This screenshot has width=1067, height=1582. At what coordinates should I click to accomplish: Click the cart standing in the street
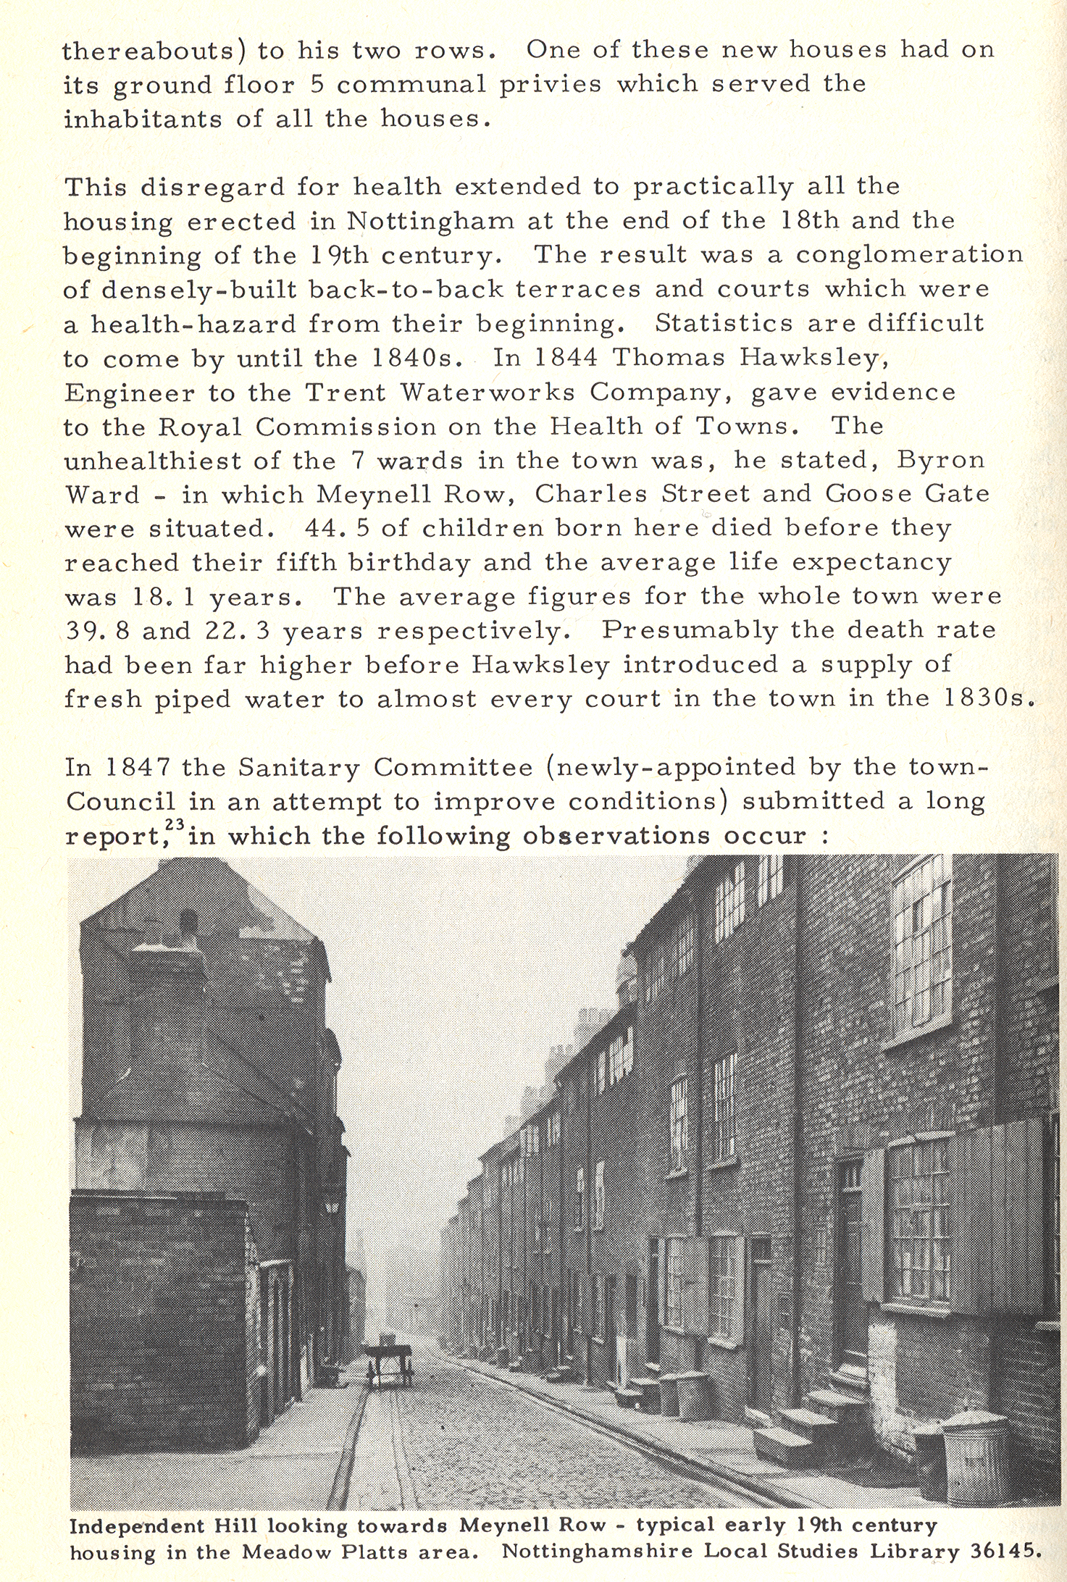coord(390,1360)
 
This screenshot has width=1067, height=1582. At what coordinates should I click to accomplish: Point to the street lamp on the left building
coord(332,1206)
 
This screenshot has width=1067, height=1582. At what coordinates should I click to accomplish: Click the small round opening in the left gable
coord(188,922)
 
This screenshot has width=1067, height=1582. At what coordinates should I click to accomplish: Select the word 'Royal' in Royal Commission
coord(199,427)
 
